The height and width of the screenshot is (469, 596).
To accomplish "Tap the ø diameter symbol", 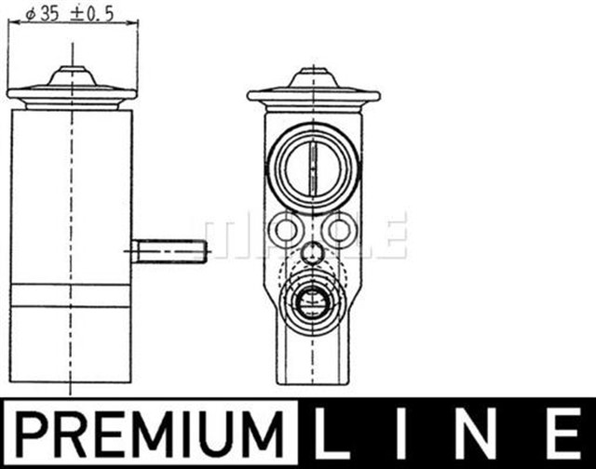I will point(29,14).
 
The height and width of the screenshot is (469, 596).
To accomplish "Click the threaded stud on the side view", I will point(169,250).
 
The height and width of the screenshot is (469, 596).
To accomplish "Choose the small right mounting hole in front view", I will point(341,230).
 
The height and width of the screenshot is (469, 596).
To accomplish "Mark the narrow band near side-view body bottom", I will point(72,297).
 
